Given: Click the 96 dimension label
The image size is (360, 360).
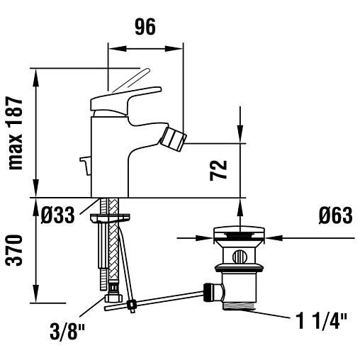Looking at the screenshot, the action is click(145, 27).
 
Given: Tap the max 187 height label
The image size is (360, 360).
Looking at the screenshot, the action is click(16, 133).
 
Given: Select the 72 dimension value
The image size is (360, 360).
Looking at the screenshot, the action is click(218, 171).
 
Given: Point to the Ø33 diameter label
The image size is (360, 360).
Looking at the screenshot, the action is click(57, 215).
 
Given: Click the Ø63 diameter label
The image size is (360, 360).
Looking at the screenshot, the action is click(335, 215).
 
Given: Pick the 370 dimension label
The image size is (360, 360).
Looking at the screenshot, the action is click(14, 250).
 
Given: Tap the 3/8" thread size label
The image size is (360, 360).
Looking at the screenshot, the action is click(67, 331).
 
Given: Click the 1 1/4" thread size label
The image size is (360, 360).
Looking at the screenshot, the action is click(322, 321).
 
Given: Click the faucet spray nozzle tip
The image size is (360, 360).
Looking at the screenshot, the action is click(174, 139).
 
